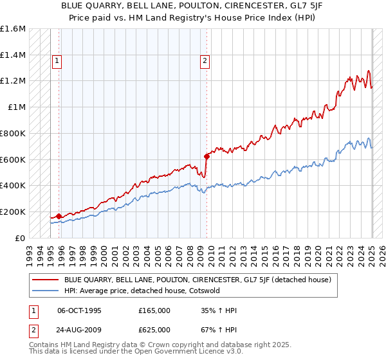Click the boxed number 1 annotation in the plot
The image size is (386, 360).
pos(57,61)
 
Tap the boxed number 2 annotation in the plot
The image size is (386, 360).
pos(205,61)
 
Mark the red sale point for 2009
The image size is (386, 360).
pos(207,156)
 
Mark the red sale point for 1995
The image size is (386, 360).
pos(59,216)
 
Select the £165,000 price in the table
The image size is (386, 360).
pos(154,310)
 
